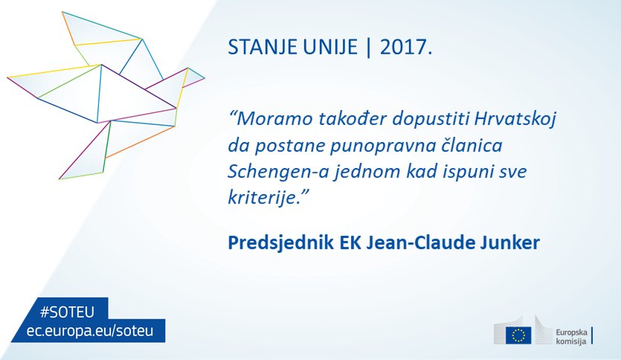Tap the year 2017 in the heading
(x=403, y=47)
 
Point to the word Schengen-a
(x=278, y=173)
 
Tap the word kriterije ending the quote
(x=263, y=197)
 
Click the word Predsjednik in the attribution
(x=280, y=242)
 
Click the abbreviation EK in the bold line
(x=350, y=242)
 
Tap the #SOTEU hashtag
(x=68, y=312)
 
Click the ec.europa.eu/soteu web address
(x=90, y=331)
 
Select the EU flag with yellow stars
(x=518, y=335)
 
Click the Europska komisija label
(x=571, y=337)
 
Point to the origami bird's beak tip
(x=205, y=78)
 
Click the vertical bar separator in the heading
(x=369, y=48)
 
